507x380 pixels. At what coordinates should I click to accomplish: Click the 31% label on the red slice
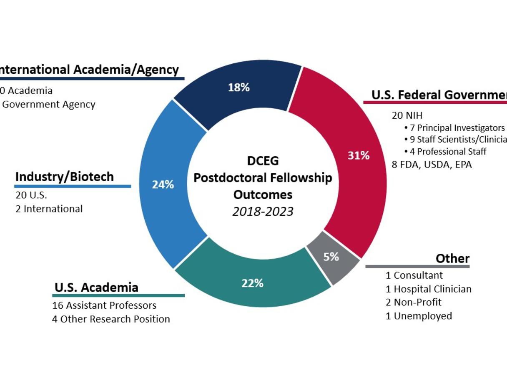tap(359, 155)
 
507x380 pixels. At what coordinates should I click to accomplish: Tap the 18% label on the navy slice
tap(238, 87)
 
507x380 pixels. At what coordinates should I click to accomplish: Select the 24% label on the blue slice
tap(163, 185)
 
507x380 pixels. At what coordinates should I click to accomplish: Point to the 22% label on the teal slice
tap(252, 283)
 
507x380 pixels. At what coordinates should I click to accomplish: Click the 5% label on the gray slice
tap(331, 257)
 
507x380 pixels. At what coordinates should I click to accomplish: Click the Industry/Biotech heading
tap(64, 177)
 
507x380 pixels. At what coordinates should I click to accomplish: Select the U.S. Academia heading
tap(96, 287)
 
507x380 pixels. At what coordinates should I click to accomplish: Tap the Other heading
tap(452, 258)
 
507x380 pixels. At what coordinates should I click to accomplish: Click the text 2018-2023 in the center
tap(263, 212)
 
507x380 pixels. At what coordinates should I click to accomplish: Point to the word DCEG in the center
tap(263, 161)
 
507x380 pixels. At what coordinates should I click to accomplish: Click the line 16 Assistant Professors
tap(104, 305)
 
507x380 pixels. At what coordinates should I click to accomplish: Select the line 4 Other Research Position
tap(111, 319)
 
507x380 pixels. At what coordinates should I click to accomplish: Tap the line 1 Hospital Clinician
tap(428, 289)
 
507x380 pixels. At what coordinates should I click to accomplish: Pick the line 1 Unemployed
tap(419, 316)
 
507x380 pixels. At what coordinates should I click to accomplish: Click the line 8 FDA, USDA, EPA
tap(432, 165)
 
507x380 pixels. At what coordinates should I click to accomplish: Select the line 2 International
tap(49, 209)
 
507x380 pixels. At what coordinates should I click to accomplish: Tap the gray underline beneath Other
tap(417, 267)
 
